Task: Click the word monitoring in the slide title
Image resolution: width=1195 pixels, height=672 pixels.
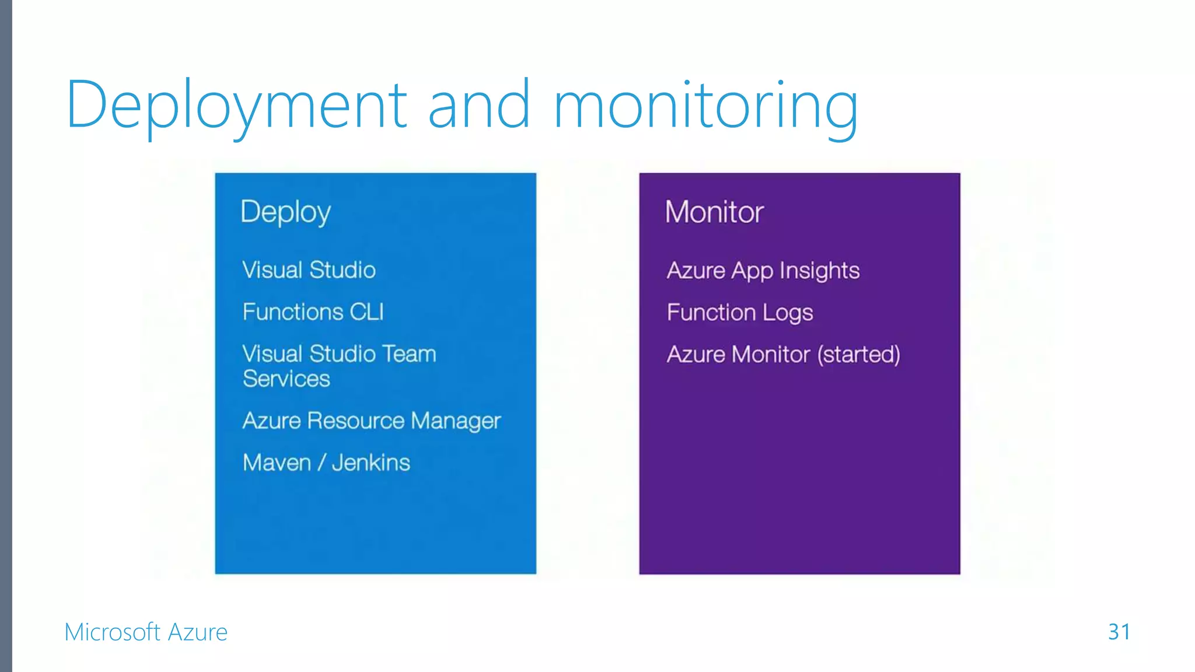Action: pyautogui.click(x=705, y=105)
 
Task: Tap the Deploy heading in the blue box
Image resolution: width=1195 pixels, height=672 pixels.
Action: pyautogui.click(x=285, y=212)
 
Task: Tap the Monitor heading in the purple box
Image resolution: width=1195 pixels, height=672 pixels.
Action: pyautogui.click(x=714, y=212)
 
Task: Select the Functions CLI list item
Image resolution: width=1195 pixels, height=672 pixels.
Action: pyautogui.click(x=313, y=312)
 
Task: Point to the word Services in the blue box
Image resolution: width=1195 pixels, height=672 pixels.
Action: pyautogui.click(x=286, y=379)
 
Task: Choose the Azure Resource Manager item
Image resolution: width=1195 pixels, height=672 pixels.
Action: pyautogui.click(x=372, y=421)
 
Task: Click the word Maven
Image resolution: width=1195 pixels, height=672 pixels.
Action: pyautogui.click(x=277, y=463)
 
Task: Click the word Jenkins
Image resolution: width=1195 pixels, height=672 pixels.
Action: pyautogui.click(x=371, y=463)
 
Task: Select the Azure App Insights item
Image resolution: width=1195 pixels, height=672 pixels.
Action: pyautogui.click(x=763, y=271)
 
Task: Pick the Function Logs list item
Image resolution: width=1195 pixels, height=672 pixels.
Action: pyautogui.click(x=740, y=313)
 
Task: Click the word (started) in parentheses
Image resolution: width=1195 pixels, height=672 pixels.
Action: pyautogui.click(x=859, y=355)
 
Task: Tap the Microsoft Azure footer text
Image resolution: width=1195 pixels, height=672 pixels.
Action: pyautogui.click(x=146, y=632)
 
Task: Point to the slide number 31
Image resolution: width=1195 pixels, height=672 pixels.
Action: pyautogui.click(x=1119, y=632)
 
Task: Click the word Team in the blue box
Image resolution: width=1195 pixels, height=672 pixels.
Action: pyautogui.click(x=409, y=354)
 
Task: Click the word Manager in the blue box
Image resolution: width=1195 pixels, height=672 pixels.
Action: pyautogui.click(x=456, y=421)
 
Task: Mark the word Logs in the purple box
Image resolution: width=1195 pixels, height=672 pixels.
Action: pyautogui.click(x=788, y=313)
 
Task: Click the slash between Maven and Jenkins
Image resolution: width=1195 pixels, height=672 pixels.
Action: pyautogui.click(x=322, y=463)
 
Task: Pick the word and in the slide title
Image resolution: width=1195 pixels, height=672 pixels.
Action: pyautogui.click(x=479, y=105)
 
